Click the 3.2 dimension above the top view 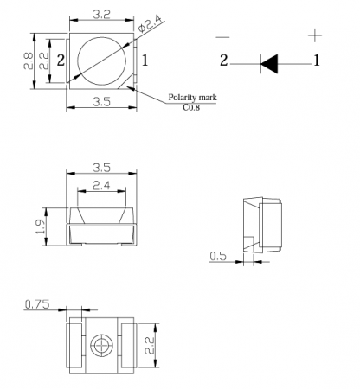pos(101,14)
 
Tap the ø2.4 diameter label pos(151,22)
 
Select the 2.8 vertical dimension pos(29,61)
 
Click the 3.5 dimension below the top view pos(101,101)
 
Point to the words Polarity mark pos(192,98)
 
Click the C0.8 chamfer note pos(191,107)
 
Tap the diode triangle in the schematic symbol pos(269,64)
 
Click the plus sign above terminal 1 pos(315,35)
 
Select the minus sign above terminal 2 pos(223,37)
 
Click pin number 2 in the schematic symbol pos(224,61)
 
